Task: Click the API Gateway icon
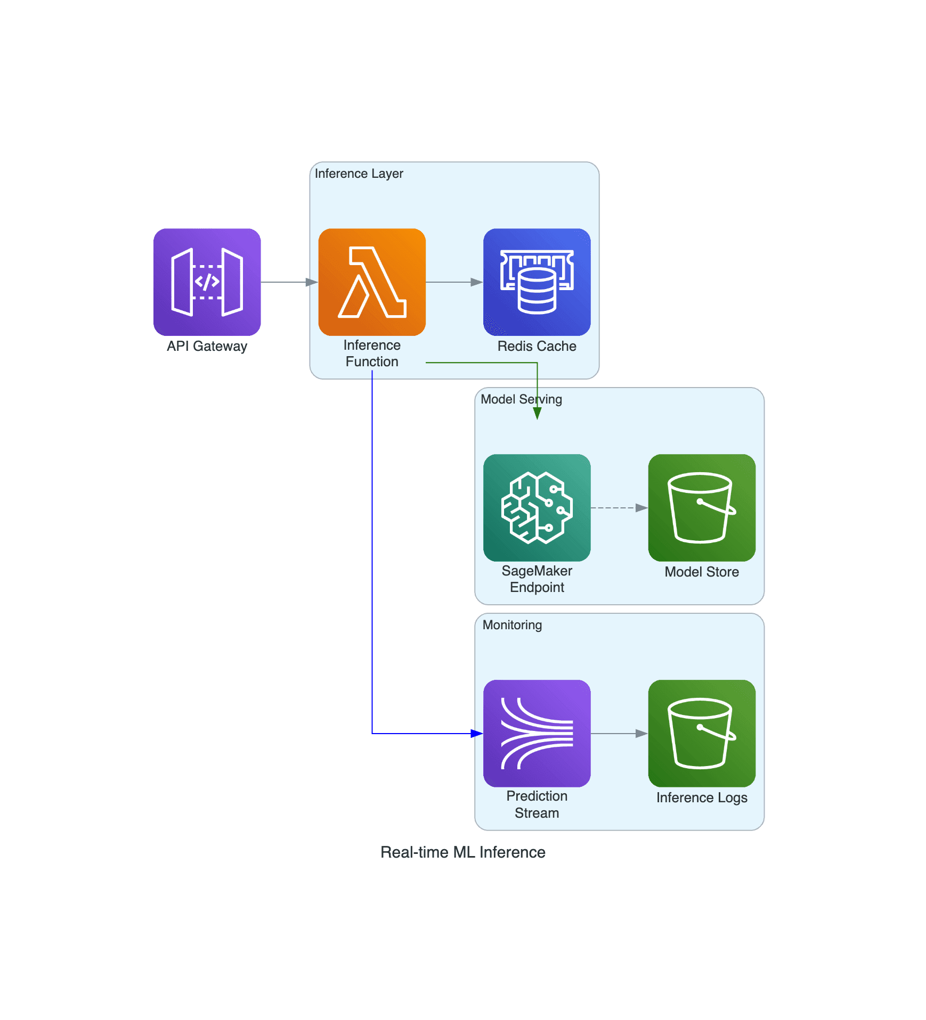coord(207,282)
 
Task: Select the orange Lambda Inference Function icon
coord(372,282)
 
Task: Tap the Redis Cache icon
coord(537,282)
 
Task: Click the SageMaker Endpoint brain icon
coord(537,507)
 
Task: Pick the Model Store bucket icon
coord(701,507)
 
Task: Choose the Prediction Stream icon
coord(537,733)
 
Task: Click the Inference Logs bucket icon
coord(701,733)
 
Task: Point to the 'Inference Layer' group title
coord(359,174)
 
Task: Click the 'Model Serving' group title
coord(521,399)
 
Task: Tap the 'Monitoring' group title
coord(511,625)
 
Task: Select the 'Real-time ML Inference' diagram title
coord(462,852)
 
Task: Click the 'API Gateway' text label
coord(207,346)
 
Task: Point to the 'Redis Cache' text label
coord(537,346)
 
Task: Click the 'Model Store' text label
coord(701,572)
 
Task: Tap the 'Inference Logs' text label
coord(701,797)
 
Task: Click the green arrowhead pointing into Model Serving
coord(537,413)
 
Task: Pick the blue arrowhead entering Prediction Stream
coord(476,734)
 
